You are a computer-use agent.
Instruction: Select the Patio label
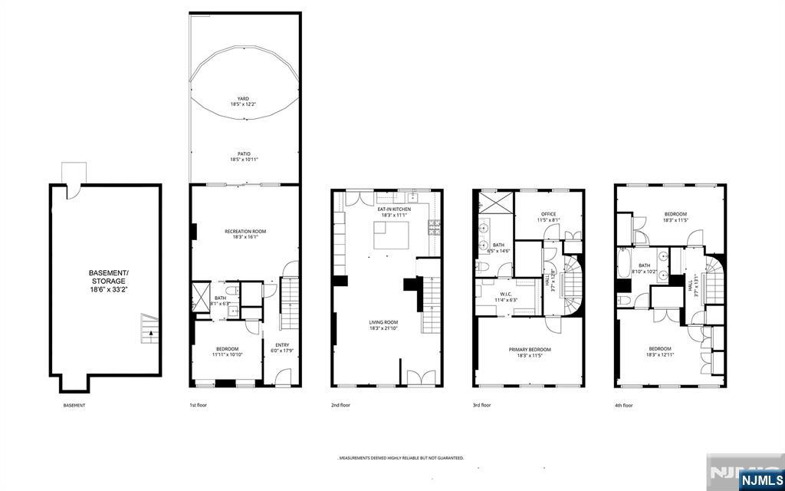[244, 157]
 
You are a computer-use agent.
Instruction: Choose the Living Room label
[386, 326]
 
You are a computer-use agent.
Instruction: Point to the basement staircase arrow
[151, 333]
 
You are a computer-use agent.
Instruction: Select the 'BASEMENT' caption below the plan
[74, 405]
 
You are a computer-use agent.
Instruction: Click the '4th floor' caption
[623, 405]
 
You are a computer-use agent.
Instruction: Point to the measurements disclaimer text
[402, 458]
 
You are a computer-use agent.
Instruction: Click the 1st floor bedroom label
[227, 351]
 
